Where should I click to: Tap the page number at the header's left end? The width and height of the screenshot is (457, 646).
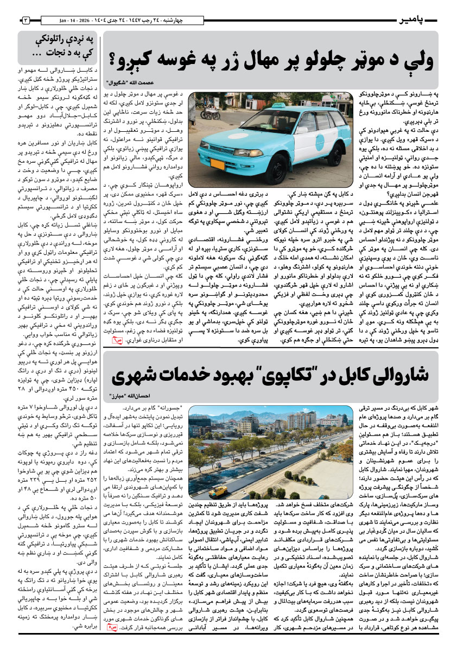pos(25,21)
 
